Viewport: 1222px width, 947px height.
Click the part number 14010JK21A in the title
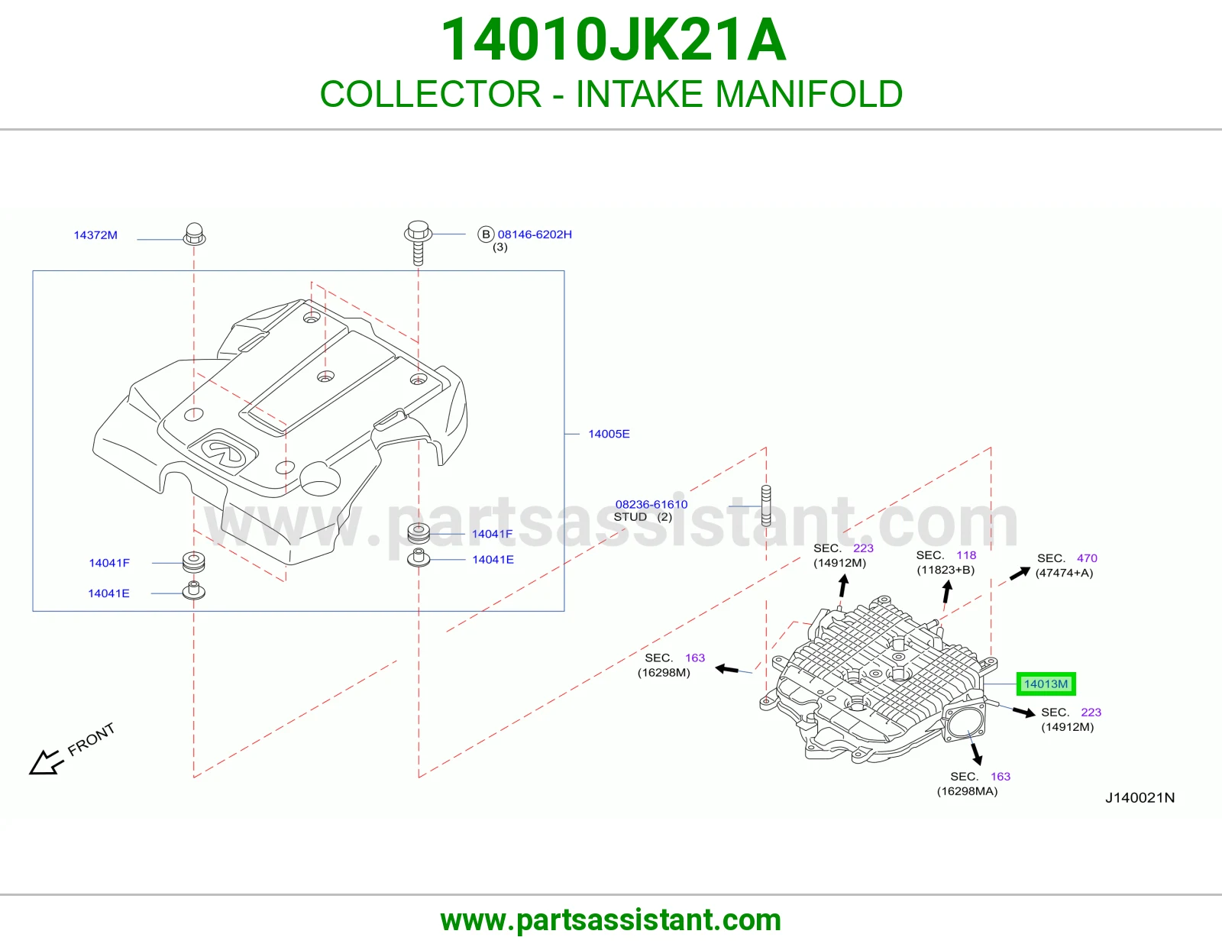[613, 40]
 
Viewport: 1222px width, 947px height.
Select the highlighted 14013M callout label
[1046, 684]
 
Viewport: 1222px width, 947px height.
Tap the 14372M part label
[95, 235]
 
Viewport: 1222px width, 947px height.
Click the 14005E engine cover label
[609, 434]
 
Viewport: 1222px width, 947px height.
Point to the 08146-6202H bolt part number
[535, 234]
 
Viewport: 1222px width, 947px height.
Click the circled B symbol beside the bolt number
[486, 234]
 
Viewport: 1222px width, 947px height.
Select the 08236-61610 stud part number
[651, 504]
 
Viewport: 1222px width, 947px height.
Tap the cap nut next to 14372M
[194, 234]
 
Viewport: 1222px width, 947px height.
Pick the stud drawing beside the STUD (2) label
[766, 506]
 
